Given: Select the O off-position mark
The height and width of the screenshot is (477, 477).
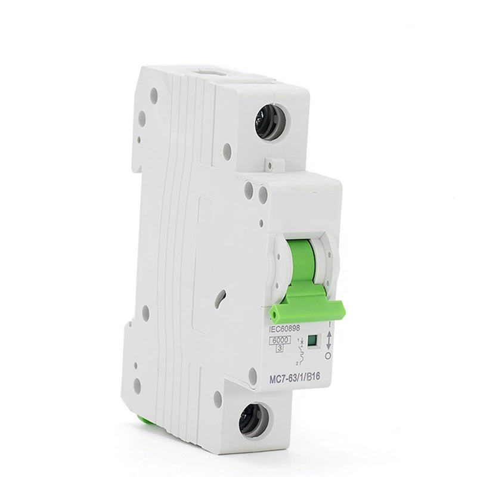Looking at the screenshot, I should pyautogui.click(x=326, y=356).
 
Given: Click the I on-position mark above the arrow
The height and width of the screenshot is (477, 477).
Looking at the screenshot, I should pyautogui.click(x=327, y=327).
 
